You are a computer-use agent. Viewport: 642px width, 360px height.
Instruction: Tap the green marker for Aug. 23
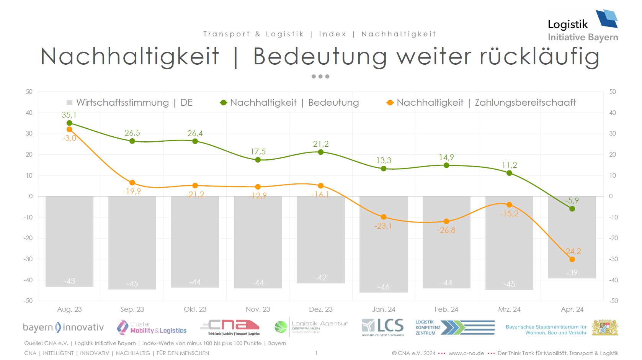coord(69,123)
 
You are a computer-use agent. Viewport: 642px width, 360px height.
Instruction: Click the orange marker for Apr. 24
coord(572,259)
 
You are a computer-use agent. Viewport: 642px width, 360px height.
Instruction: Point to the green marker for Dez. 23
coord(321,152)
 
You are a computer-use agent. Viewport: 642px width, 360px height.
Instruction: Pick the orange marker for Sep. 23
coord(132,183)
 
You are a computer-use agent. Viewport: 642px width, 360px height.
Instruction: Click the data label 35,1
coord(69,115)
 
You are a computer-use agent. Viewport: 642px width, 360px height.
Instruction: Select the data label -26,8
coord(446,230)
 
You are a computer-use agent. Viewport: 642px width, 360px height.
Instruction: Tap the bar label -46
coord(384,286)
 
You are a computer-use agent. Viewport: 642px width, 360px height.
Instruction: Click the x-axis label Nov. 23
coord(258,309)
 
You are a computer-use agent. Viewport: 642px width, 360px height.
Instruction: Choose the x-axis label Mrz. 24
coord(509,309)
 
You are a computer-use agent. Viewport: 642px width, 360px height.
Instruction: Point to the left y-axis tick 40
coord(29,113)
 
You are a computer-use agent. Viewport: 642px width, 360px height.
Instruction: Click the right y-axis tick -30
coord(613,259)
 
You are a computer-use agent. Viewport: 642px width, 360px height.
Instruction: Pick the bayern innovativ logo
coord(63,327)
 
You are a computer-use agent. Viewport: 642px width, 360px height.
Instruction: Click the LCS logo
coord(382,327)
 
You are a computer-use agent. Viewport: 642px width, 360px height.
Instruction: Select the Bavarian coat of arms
coord(605,328)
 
